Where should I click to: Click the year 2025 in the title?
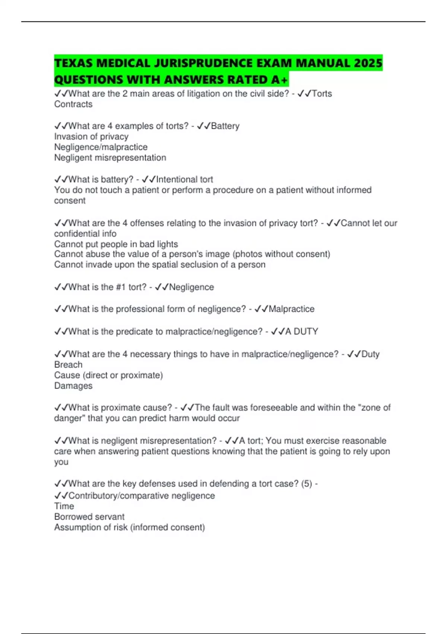[368, 63]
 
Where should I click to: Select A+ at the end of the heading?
[279, 79]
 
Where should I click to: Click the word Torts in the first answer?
[321, 94]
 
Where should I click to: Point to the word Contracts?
[73, 104]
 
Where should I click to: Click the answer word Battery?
[225, 126]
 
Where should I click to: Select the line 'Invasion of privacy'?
[91, 136]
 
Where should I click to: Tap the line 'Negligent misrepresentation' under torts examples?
[110, 157]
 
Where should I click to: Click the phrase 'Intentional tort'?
[184, 179]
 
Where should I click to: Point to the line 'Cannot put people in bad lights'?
[116, 244]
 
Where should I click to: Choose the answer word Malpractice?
[291, 309]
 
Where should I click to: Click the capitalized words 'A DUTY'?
[301, 332]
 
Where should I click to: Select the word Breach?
[68, 364]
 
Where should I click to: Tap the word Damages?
[73, 386]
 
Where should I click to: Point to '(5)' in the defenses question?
[307, 484]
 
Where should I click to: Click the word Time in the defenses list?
[64, 506]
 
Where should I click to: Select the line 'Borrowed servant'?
[89, 517]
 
